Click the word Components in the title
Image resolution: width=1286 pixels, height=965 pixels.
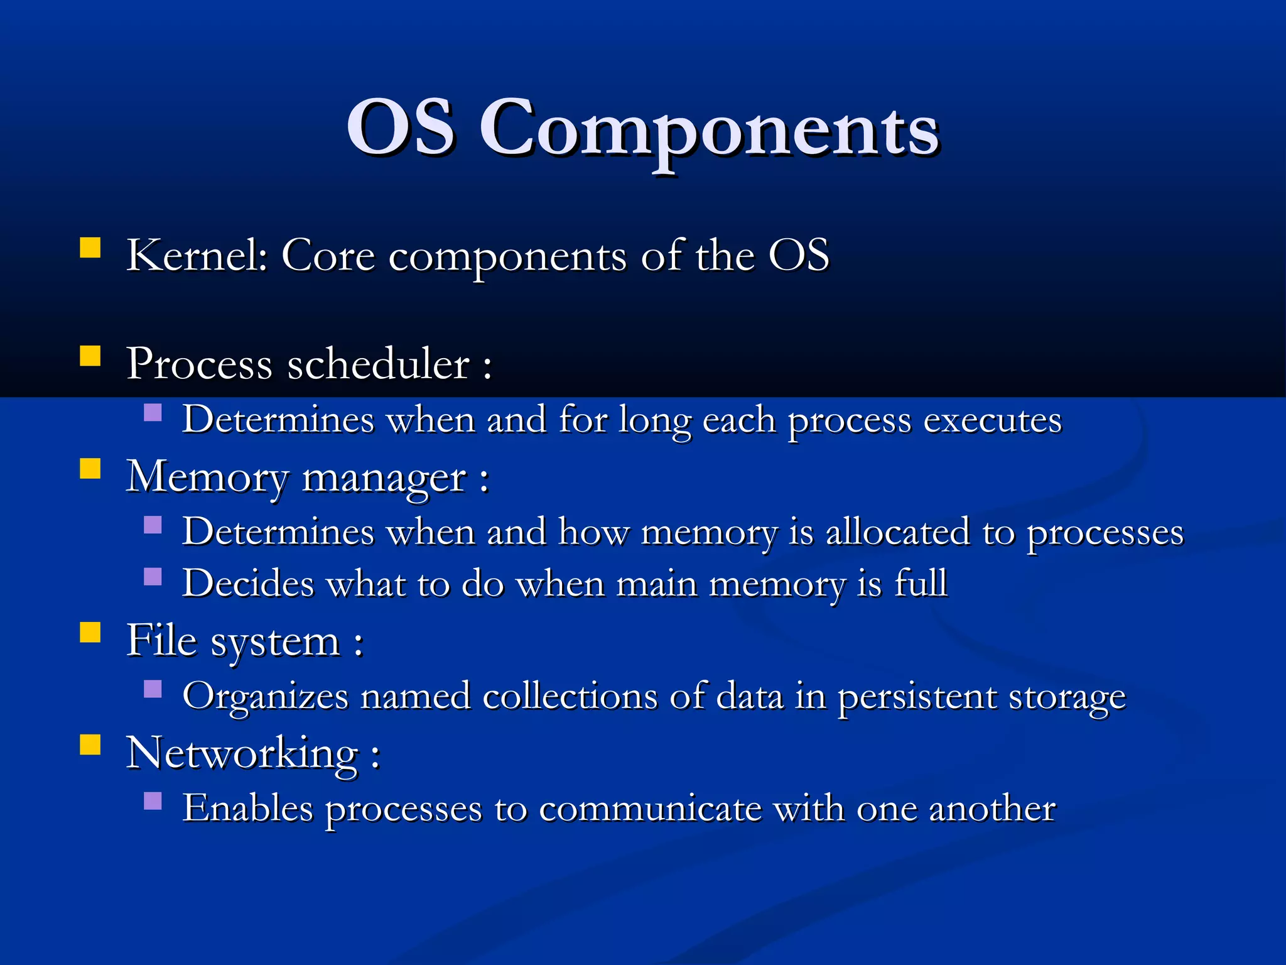point(710,129)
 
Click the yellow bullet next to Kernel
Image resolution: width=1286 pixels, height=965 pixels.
point(90,248)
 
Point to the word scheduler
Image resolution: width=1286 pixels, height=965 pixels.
point(378,364)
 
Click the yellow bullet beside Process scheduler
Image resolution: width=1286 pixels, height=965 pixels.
point(90,356)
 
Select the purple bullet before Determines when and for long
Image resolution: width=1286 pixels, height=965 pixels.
point(153,412)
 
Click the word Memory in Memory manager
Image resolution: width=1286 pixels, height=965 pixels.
point(207,477)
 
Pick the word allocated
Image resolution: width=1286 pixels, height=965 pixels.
point(897,532)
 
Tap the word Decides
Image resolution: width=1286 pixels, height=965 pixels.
point(248,583)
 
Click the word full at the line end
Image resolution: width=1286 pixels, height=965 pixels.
point(921,582)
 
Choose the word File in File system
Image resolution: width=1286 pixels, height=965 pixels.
point(161,641)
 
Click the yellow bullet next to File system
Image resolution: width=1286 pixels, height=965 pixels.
point(90,632)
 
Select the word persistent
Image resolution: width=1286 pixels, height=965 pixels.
point(917,697)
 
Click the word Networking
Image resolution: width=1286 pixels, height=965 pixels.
point(242,753)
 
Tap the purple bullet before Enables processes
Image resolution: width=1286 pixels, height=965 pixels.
point(153,800)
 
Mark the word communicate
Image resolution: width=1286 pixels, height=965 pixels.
point(650,809)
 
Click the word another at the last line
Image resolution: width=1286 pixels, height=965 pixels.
point(992,809)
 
